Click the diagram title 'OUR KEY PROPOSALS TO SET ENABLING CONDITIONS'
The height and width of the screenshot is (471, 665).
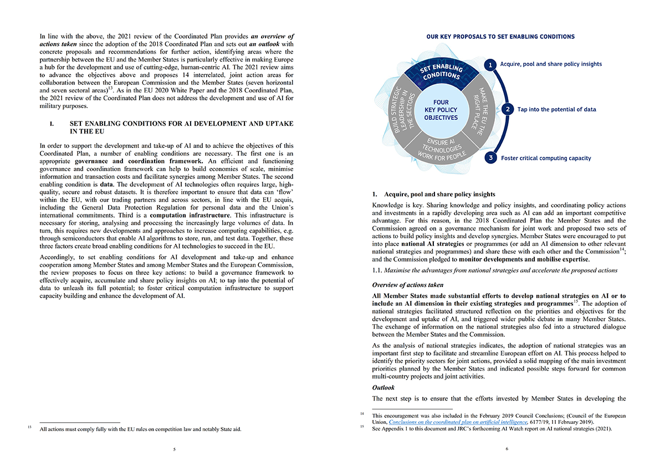point(500,37)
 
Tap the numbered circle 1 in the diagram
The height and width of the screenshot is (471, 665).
point(490,65)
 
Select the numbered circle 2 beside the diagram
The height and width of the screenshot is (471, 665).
point(508,110)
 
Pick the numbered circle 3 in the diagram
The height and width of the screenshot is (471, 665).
point(490,158)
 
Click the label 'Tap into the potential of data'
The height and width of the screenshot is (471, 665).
point(556,110)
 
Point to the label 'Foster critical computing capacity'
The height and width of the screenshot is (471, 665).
point(546,158)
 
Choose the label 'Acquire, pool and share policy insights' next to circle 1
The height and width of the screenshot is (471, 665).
point(550,64)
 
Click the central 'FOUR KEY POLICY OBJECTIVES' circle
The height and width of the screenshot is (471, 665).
point(441,110)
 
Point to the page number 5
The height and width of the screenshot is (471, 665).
point(174,449)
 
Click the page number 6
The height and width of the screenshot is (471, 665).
point(507,449)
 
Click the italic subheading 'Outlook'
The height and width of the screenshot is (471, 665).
point(383,388)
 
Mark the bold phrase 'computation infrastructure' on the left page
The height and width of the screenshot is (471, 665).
point(190,214)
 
